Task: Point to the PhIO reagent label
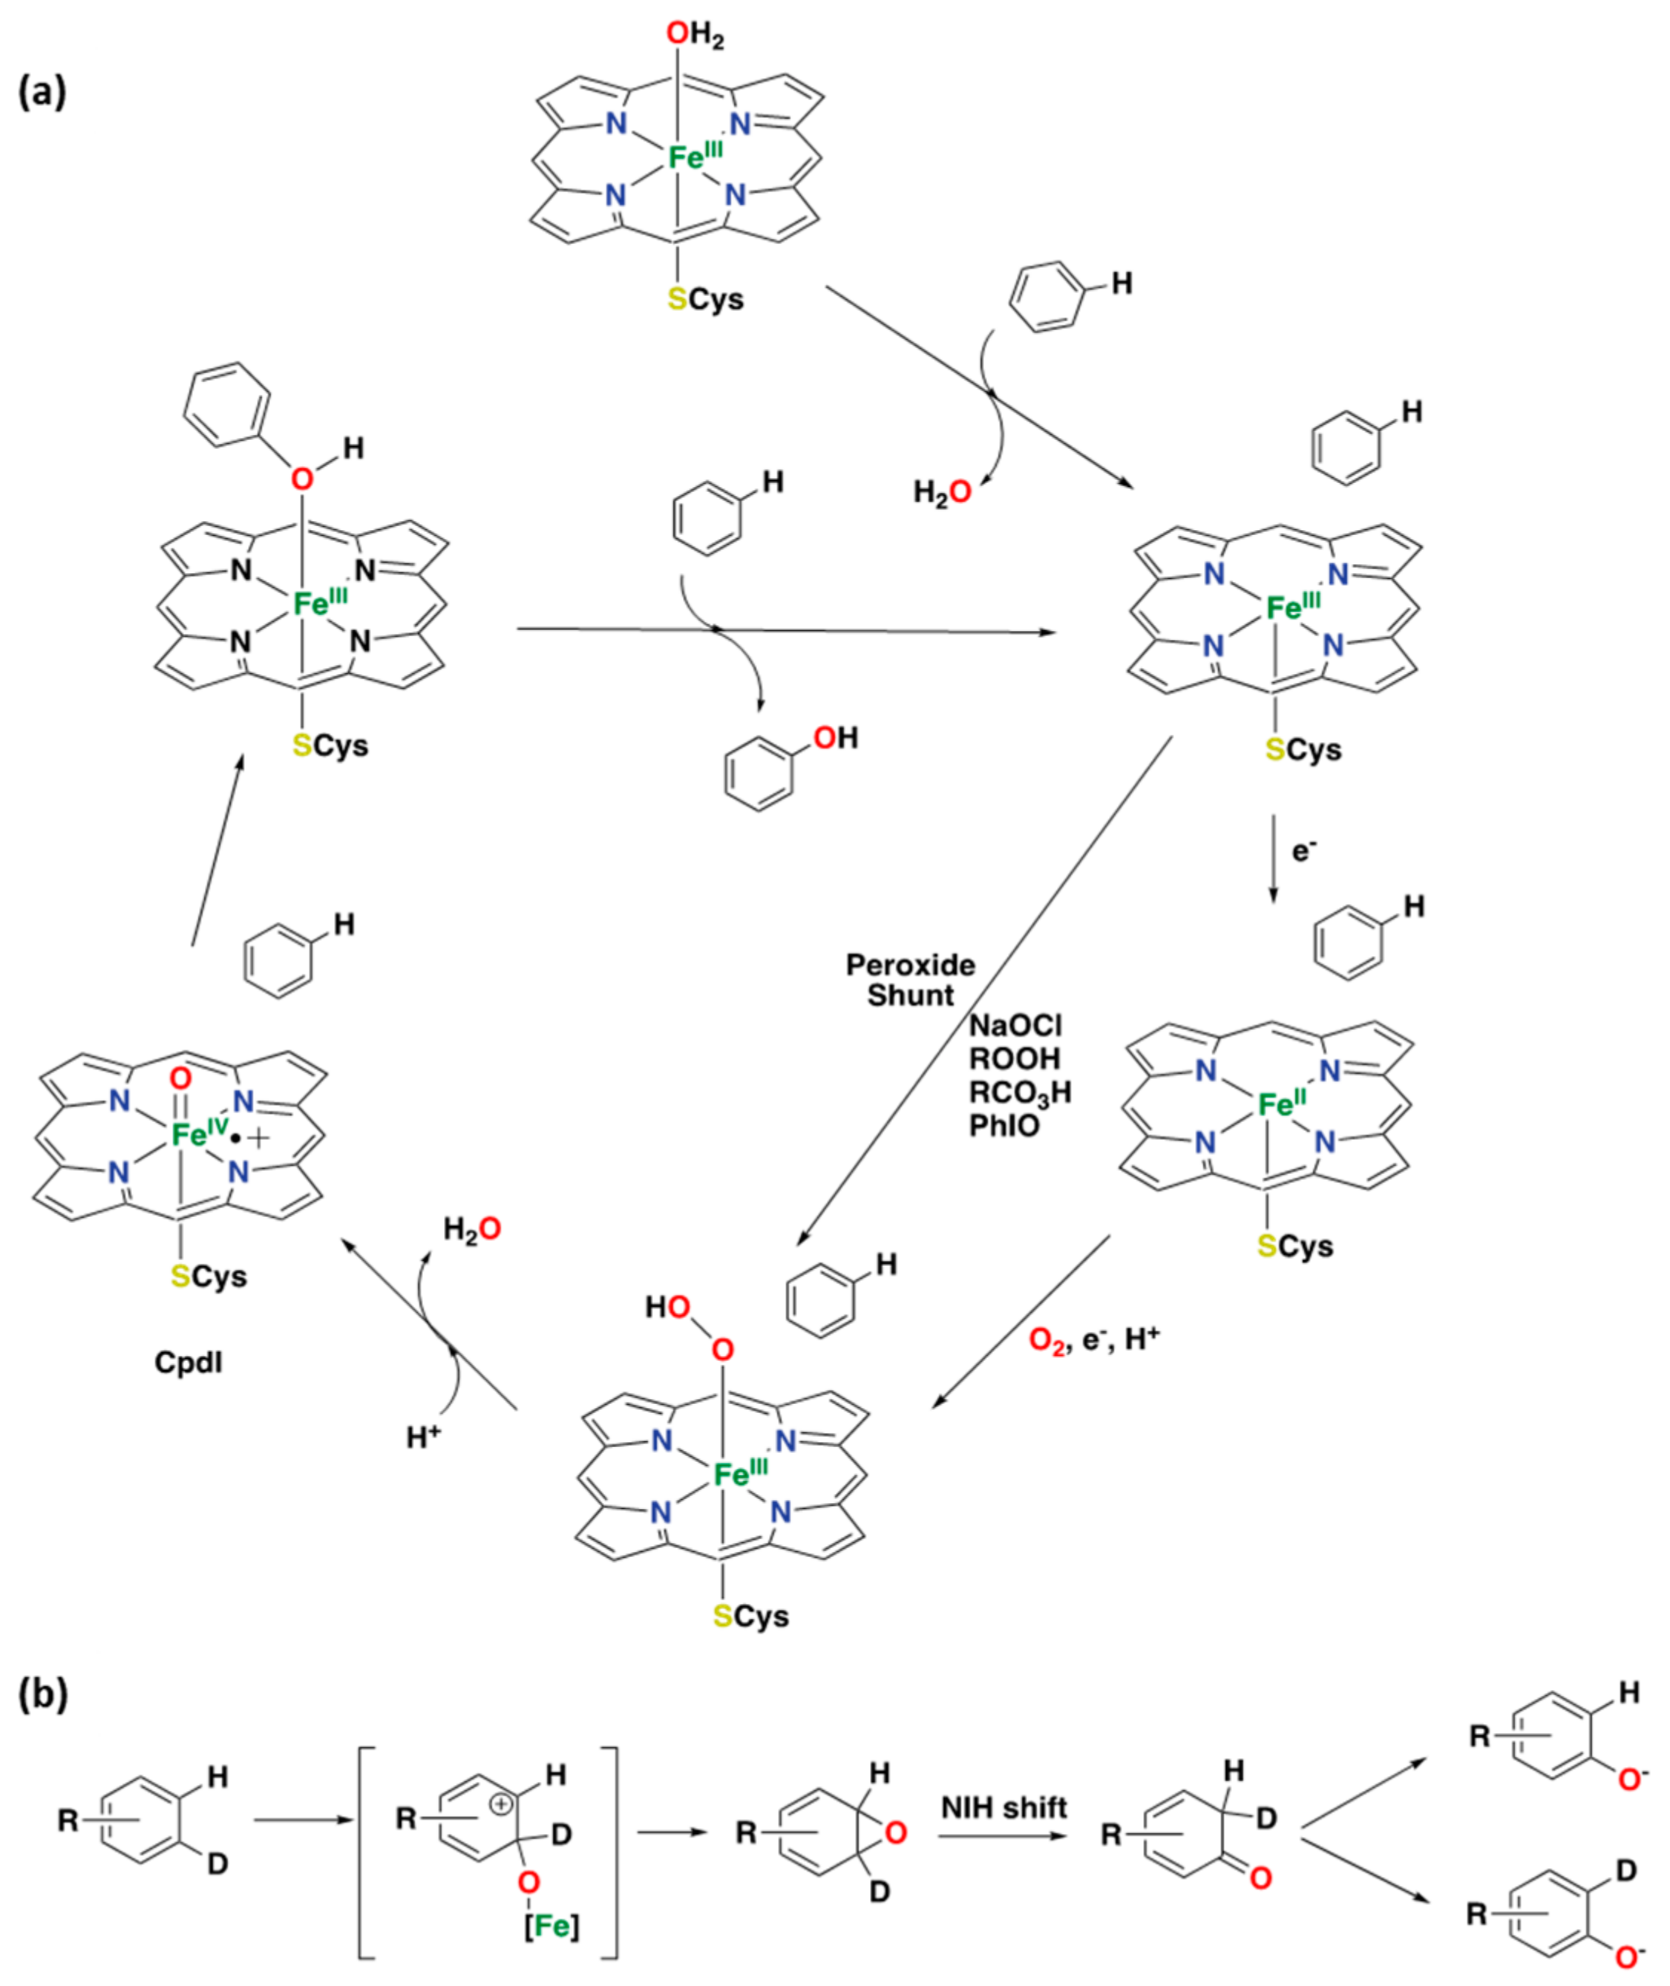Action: pos(1003,1126)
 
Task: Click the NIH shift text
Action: pos(1003,1807)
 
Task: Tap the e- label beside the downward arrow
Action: pos(1305,851)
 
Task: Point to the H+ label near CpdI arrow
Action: pos(423,1438)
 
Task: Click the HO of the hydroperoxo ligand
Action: pos(667,1307)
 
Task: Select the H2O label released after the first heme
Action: pos(941,492)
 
